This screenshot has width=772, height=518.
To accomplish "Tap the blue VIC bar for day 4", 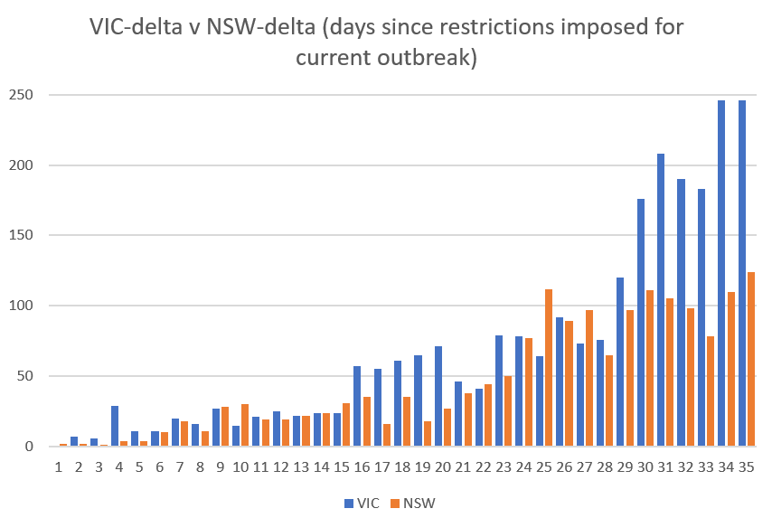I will pyautogui.click(x=115, y=426).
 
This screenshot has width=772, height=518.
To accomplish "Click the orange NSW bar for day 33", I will pyautogui.click(x=711, y=391).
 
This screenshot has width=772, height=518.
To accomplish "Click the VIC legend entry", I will pyautogui.click(x=360, y=503).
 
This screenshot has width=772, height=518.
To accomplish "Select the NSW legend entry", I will pyautogui.click(x=412, y=503).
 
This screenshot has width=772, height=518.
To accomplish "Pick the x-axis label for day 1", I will pyautogui.click(x=59, y=467).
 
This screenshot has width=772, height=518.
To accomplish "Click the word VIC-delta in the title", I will pyautogui.click(x=145, y=26).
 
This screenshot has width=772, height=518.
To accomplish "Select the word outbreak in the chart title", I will pyautogui.click(x=431, y=58).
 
